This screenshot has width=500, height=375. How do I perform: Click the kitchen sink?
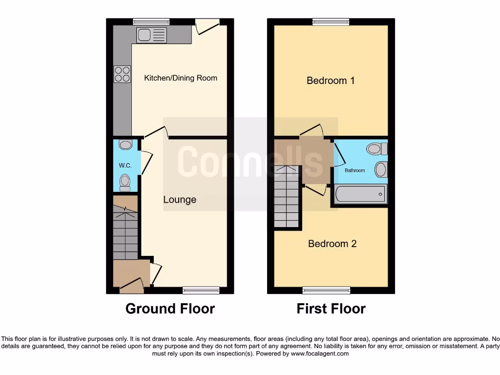pos(152,34)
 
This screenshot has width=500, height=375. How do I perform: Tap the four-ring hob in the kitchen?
pos(122,74)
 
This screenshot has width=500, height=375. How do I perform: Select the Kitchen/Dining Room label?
pos(181,78)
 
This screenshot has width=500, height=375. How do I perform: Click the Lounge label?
pos(180,200)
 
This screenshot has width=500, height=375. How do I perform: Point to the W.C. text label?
pos(125,166)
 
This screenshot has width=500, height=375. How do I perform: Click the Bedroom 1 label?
pos(331,81)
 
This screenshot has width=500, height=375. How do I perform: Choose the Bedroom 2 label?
pos(332,244)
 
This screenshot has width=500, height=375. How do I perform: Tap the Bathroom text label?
pos(355,170)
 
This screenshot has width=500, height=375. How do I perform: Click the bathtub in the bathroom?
pos(360,194)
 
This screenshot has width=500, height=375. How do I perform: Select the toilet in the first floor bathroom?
pos(376,148)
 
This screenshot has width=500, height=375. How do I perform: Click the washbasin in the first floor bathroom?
pos(380,169)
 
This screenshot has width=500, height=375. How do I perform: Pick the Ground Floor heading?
pos(170,309)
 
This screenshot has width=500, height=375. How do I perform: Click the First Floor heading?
pos(331,309)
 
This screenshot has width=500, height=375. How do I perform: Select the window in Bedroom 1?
pos(331,21)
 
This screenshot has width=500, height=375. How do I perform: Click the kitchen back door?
pos(207,25)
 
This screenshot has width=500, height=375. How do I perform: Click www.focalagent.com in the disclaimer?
pos(319,354)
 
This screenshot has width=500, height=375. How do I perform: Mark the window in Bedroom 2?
pos(326,291)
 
